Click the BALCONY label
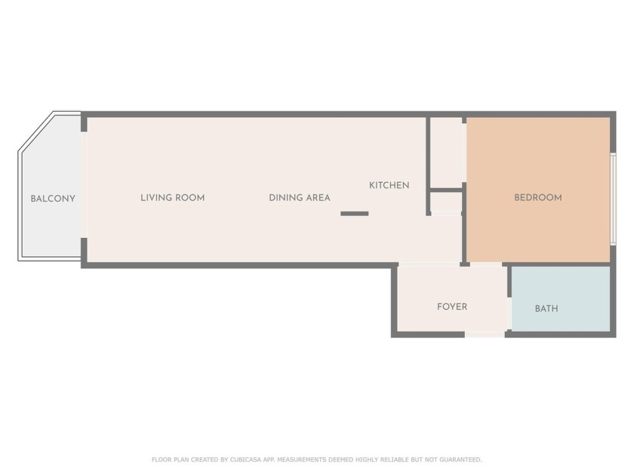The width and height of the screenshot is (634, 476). (53, 199)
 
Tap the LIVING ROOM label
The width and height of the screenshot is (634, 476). (172, 198)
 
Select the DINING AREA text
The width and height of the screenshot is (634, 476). (299, 198)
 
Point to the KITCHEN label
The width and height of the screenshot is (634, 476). (389, 185)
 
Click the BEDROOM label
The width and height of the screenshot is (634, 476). (537, 198)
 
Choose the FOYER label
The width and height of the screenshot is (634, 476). (451, 307)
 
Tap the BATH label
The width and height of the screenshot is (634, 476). (546, 308)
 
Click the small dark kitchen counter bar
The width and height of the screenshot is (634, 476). (354, 214)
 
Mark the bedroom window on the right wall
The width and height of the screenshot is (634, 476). (613, 198)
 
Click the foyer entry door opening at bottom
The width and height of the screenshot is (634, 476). (485, 334)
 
